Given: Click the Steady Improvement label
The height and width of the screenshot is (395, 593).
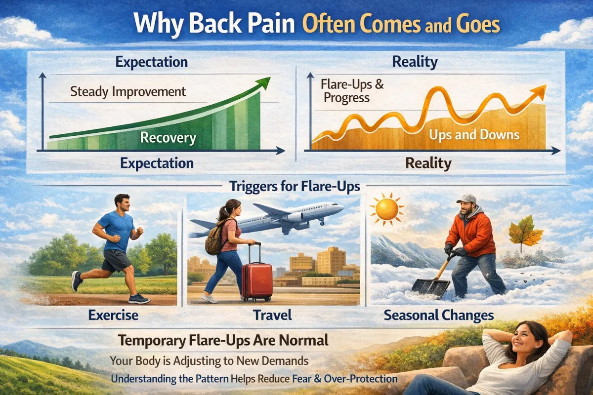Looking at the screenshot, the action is click(x=128, y=92).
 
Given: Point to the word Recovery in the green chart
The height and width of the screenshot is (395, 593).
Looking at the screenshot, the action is click(x=168, y=138).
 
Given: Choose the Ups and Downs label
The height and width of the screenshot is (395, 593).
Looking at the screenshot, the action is click(x=474, y=135).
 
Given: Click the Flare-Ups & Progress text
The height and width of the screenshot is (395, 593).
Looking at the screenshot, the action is click(x=352, y=91).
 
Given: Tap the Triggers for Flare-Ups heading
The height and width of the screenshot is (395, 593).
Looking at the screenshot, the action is click(x=295, y=186).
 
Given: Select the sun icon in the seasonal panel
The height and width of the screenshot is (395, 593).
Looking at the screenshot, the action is click(x=387, y=209).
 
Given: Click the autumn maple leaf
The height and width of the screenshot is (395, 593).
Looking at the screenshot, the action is click(x=524, y=233).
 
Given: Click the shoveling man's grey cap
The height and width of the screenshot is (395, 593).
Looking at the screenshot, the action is click(x=467, y=198).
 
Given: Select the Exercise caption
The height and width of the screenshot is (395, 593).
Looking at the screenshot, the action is click(x=113, y=315).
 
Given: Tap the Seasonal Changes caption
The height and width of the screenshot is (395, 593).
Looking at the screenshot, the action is click(x=439, y=316).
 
